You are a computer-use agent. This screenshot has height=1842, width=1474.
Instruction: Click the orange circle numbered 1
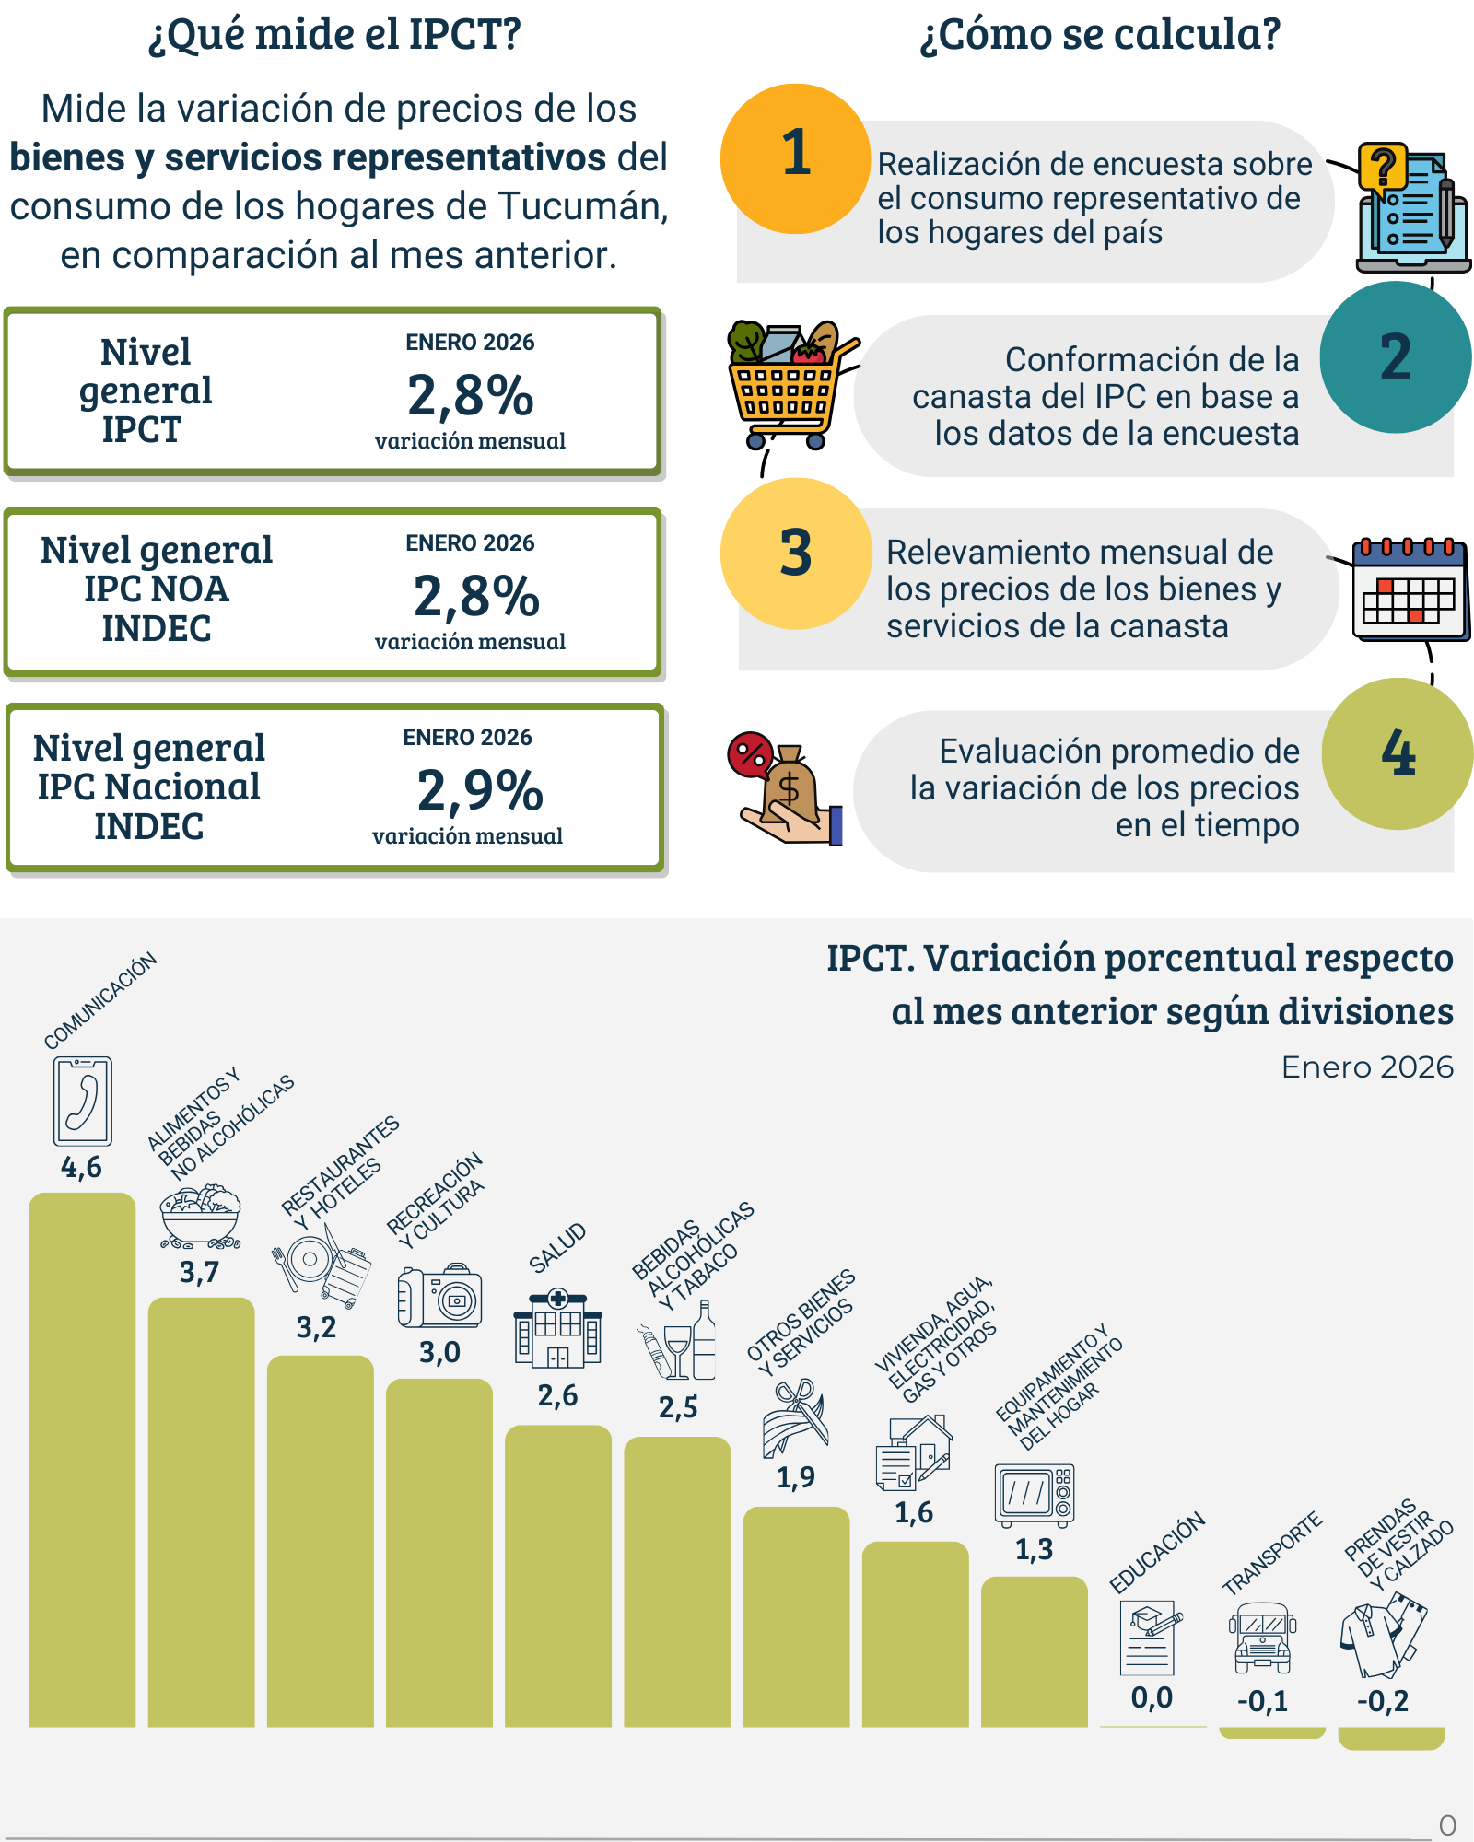[795, 158]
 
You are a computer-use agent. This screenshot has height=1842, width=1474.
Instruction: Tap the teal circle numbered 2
[1395, 357]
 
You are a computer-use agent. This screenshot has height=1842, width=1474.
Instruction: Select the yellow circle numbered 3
[796, 554]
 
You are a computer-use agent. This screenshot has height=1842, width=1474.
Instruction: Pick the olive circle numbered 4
[1397, 753]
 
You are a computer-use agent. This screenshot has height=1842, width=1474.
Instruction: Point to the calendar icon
[1410, 589]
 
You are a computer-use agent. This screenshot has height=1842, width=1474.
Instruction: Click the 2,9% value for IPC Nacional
[480, 790]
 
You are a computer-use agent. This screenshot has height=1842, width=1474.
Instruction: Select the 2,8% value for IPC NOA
[476, 596]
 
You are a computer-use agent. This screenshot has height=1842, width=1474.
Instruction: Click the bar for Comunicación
[82, 1459]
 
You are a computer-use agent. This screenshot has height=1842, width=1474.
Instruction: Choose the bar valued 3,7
[201, 1510]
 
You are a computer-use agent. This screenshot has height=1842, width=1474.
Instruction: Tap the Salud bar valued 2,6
[558, 1575]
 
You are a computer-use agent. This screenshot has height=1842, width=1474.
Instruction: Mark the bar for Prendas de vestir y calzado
[1391, 1738]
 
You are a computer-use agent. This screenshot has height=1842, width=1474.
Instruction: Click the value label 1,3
[1034, 1549]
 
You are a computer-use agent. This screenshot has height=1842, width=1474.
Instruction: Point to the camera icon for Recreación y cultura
[440, 1295]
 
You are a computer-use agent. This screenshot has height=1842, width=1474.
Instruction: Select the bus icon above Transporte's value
[1262, 1638]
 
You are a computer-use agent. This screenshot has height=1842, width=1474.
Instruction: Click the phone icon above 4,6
[83, 1101]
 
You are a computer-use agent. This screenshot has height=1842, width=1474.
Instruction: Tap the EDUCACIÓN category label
[1157, 1553]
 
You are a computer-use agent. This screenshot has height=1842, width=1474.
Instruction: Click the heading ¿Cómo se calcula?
[1100, 35]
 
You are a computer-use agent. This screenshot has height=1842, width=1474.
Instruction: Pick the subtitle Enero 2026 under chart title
[1367, 1067]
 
